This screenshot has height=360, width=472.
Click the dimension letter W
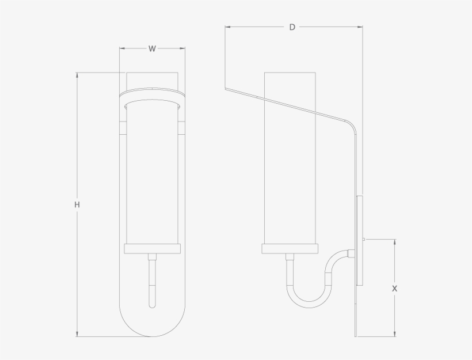pos(152,49)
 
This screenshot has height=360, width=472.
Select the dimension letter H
pos(77,204)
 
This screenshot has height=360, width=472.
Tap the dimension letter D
pos(292,27)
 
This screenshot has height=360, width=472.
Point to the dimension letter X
pos(394,289)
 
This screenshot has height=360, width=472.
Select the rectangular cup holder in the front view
pos(152,249)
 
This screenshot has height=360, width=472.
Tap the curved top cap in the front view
pos(152,92)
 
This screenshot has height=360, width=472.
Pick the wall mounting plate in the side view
pos(360,241)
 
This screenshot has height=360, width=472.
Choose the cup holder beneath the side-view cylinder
pos(290,249)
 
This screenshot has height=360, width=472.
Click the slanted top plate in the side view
pos(288,104)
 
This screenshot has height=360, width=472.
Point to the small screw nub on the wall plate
pos(365,239)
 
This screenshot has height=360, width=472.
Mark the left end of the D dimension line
pos(225,27)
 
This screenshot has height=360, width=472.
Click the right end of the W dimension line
pos(185,49)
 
